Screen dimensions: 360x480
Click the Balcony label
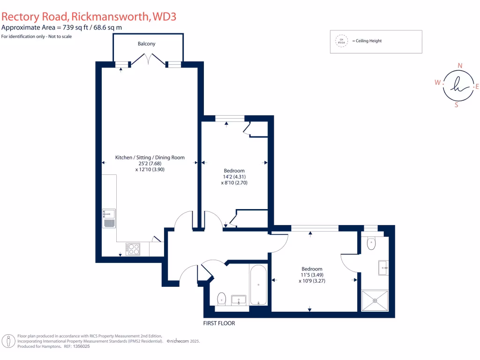(x=146, y=44)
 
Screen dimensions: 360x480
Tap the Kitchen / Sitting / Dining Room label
(x=150, y=158)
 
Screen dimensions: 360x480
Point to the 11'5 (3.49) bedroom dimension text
(x=312, y=275)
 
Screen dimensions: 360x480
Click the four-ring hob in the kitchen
(x=133, y=249)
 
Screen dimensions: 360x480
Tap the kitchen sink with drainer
(x=109, y=218)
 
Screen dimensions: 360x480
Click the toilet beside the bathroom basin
(x=222, y=299)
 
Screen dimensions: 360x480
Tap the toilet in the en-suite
(x=372, y=244)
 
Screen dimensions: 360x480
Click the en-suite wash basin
(x=383, y=268)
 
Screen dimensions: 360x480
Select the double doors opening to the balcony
(x=148, y=60)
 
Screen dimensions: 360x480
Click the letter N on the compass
(x=460, y=66)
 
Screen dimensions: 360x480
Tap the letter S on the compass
(x=457, y=105)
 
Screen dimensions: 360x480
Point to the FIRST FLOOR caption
(x=219, y=323)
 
